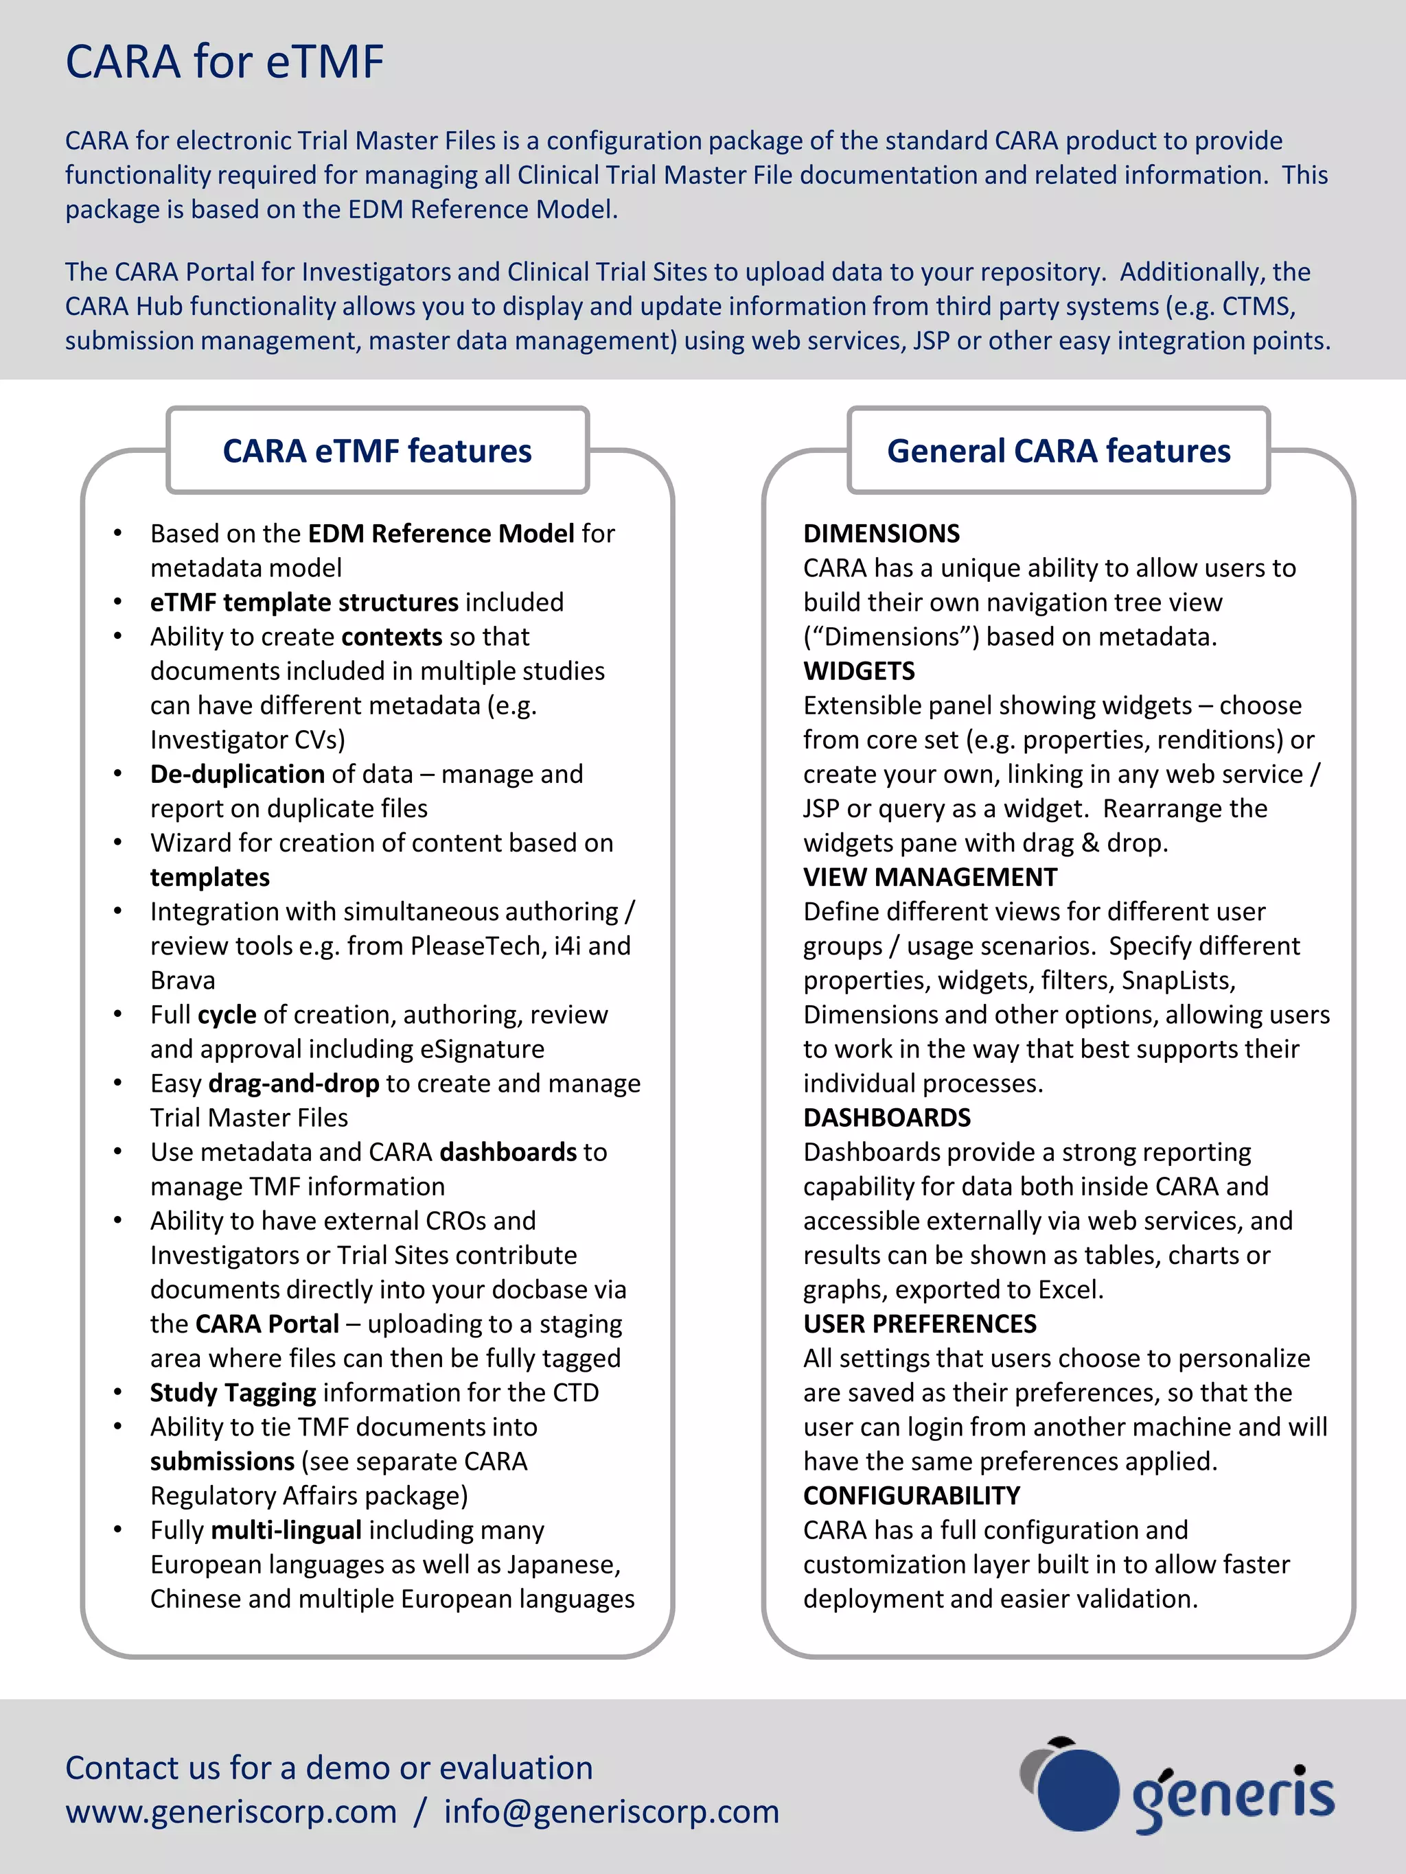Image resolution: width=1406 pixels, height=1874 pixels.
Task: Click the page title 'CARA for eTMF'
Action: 224,62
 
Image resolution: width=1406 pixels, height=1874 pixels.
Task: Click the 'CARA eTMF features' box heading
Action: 377,451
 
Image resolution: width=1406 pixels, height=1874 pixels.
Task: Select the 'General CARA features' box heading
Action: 1059,451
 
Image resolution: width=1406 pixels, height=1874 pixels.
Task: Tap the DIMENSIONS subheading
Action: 881,534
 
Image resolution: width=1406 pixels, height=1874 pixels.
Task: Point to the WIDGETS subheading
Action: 859,671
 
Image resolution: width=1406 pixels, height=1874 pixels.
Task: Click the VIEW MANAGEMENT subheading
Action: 930,877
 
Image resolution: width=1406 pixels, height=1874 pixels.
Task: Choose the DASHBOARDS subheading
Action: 886,1117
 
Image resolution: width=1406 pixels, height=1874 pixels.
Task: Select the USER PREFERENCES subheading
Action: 919,1323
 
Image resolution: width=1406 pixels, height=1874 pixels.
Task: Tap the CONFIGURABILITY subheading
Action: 911,1495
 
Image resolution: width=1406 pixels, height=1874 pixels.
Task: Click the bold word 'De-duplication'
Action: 238,774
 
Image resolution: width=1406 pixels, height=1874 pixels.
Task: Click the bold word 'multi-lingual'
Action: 286,1530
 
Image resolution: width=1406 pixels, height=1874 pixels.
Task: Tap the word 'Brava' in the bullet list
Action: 183,980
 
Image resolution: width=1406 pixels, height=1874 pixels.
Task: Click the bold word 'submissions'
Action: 222,1462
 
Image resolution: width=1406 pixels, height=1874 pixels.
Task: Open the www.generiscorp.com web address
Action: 231,1812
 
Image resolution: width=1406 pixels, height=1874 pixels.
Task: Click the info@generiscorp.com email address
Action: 611,1812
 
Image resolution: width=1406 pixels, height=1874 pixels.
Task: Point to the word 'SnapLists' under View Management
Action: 1177,980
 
